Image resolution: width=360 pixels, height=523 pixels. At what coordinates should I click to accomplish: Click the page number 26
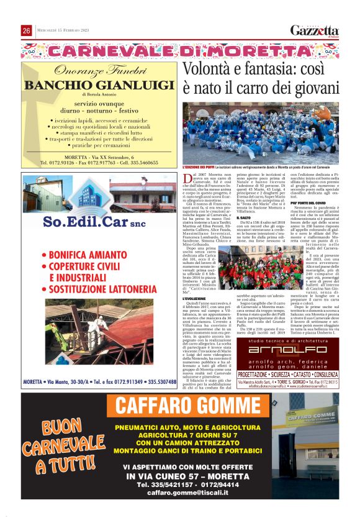click(27, 30)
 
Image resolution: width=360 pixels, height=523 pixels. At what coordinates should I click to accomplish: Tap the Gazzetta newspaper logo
click(315, 31)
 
